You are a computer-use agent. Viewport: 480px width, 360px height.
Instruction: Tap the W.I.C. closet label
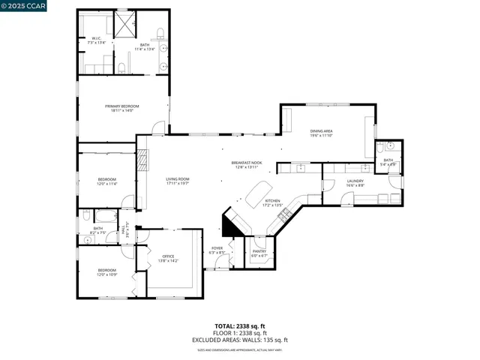97,38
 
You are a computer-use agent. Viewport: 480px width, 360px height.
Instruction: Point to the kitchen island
258,193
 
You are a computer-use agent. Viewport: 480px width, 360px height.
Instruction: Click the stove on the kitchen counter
285,216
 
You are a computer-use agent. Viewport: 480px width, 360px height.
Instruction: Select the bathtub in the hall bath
103,218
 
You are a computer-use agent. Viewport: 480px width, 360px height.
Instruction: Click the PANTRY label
259,253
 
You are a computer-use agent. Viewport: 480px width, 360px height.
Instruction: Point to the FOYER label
217,247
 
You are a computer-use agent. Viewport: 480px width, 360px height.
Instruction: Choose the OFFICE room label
168,256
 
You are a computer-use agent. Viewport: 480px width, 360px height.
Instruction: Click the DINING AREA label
321,131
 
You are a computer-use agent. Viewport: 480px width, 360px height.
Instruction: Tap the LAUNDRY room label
355,181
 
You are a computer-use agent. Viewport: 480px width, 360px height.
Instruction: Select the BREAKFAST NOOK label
246,162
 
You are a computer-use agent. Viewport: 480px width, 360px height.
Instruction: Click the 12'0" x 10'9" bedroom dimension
106,274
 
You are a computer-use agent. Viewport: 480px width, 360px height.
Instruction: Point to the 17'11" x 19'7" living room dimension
178,183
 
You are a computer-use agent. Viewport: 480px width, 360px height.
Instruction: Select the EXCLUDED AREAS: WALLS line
240,340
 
